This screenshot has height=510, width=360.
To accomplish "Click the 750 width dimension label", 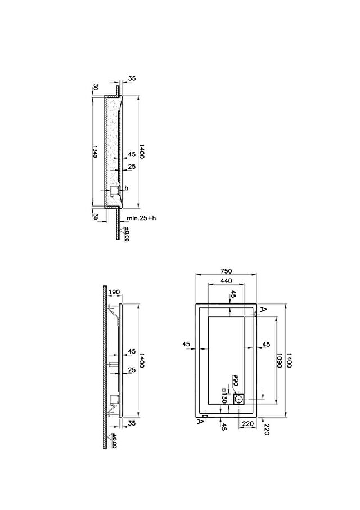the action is click(226, 271).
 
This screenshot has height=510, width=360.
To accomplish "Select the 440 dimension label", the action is click(226, 281).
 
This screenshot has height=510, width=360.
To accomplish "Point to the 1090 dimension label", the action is click(279, 360).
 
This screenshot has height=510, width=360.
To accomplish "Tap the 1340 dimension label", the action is click(95, 151).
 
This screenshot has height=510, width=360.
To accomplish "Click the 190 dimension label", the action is click(114, 292).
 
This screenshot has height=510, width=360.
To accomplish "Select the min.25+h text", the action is click(141, 218).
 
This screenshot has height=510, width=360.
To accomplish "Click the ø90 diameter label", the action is click(236, 380).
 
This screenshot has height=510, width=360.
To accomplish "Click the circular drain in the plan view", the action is click(240, 399).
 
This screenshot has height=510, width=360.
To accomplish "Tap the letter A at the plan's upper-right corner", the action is click(263, 309).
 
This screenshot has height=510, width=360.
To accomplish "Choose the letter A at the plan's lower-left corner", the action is click(201, 422).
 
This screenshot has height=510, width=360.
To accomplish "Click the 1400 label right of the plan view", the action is click(289, 360).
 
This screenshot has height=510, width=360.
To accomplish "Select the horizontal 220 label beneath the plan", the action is click(248, 424).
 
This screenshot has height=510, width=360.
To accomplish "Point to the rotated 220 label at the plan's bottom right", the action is click(267, 430).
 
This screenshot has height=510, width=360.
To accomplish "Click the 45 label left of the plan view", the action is click(186, 344).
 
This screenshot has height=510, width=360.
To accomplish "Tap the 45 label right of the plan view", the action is click(266, 344).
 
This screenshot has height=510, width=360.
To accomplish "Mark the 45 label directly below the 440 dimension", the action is click(233, 294).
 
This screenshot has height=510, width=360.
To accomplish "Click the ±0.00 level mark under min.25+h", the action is click(127, 234).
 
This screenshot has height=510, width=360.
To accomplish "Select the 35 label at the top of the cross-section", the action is click(132, 78).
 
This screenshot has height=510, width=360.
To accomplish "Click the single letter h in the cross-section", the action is click(127, 188).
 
